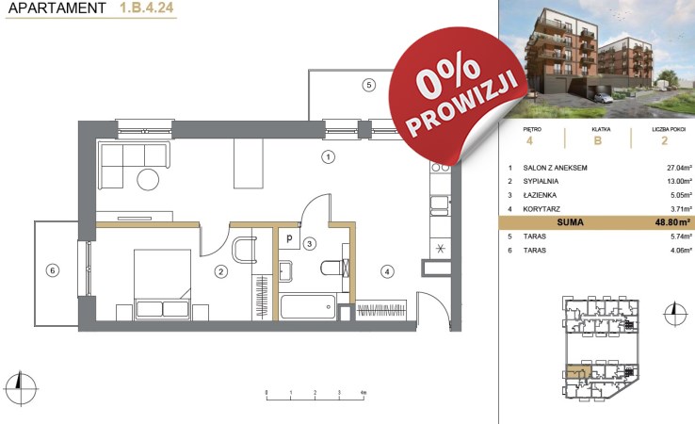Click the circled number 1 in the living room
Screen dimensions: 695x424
click(x=328, y=156)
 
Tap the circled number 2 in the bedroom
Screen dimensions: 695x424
click(x=221, y=271)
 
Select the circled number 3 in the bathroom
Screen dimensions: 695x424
click(x=310, y=243)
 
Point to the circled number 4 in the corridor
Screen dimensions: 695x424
click(x=387, y=271)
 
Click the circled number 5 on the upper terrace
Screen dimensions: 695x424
click(x=369, y=84)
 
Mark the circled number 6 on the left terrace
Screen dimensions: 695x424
click(x=53, y=270)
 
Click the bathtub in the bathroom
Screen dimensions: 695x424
click(x=308, y=306)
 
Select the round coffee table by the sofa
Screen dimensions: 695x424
click(x=148, y=179)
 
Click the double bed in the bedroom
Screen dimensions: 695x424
click(x=162, y=285)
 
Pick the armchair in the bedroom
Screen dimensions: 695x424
click(x=244, y=250)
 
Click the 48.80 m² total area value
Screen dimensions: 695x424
click(x=672, y=222)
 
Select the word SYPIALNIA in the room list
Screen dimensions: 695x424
click(x=541, y=181)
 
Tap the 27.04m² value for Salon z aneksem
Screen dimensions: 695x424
click(x=679, y=168)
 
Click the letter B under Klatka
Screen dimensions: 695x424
click(x=598, y=140)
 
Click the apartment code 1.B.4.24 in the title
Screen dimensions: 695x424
click(x=147, y=8)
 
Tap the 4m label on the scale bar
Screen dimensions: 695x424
click(x=364, y=393)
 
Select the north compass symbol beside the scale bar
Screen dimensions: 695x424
click(x=20, y=388)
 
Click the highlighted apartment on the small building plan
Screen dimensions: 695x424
click(x=578, y=371)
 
